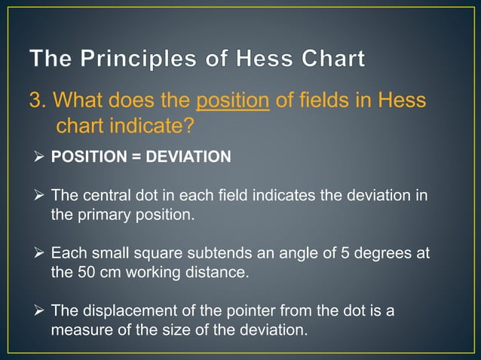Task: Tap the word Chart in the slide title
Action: tap(328, 58)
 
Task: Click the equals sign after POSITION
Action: tap(133, 157)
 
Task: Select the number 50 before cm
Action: tap(85, 272)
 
